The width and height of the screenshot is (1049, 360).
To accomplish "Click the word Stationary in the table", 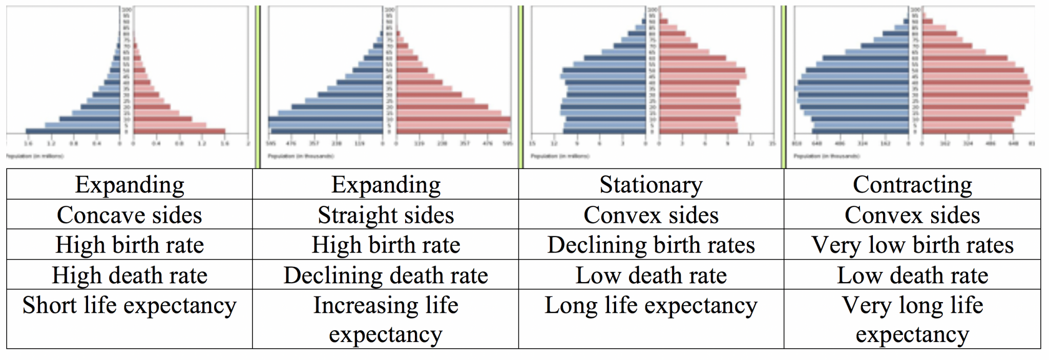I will [651, 185].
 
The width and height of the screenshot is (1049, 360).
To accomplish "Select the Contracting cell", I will [912, 185].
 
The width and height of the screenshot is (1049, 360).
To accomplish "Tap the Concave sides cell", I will [129, 215].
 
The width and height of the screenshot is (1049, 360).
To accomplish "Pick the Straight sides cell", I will [386, 215].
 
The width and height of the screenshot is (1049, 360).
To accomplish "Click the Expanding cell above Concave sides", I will [129, 185].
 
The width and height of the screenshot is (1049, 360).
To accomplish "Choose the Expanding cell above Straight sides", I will [386, 185].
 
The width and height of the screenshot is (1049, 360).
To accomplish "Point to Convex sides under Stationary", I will [651, 215].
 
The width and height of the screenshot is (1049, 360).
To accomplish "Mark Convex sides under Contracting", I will [912, 215].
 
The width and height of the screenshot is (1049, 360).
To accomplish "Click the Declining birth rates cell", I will [651, 245].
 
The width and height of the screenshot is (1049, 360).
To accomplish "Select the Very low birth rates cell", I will [912, 245].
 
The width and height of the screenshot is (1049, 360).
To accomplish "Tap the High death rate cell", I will [129, 276].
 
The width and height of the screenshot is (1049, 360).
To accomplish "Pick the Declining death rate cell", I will [386, 276].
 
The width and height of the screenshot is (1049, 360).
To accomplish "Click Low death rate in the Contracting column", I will [912, 276].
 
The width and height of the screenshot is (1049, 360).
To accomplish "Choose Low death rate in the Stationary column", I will [651, 276].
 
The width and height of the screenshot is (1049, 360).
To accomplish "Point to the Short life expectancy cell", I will [129, 306].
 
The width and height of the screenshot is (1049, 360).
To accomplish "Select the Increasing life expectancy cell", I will [386, 320].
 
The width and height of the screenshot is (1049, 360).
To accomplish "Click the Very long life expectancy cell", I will [912, 320].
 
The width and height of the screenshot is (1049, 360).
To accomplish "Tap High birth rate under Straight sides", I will [386, 245].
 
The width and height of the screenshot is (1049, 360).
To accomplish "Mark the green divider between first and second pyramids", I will [258, 87].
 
